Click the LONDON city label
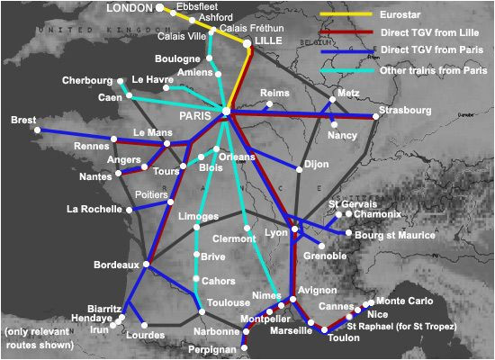coord(130,8)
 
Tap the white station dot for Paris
coord(226,112)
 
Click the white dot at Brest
coord(38,130)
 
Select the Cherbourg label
coord(87,81)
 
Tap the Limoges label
coord(199,218)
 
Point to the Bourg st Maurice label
coord(395,235)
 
